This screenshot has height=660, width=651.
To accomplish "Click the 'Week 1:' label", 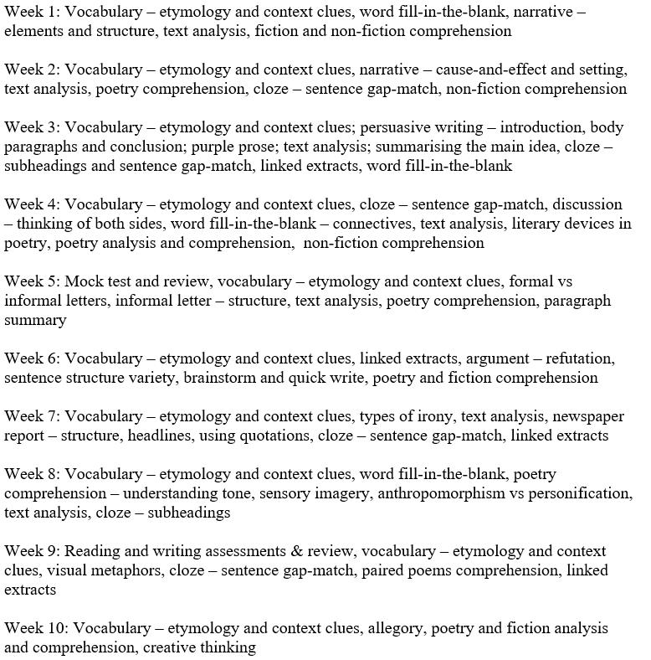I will [x=31, y=12].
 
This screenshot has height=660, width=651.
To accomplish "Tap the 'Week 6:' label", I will [x=31, y=358].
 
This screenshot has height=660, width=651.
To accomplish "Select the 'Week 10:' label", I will [x=35, y=628].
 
